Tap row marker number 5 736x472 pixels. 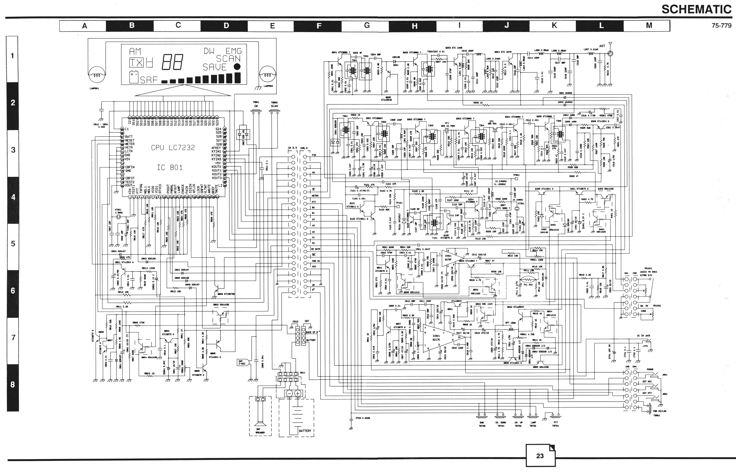tap(13, 244)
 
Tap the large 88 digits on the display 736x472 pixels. tap(172, 63)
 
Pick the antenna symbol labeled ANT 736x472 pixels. tap(610, 49)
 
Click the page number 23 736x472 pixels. tap(540, 456)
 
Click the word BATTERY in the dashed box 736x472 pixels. tap(305, 431)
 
